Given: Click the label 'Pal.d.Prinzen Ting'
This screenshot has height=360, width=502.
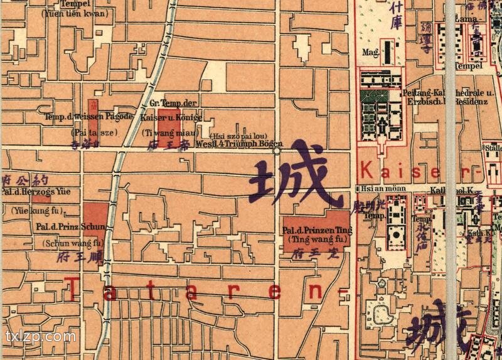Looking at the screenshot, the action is click(x=317, y=230).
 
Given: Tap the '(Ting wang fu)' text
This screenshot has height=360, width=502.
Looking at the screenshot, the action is click(x=317, y=239).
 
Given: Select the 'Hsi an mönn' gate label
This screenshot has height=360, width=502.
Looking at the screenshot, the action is click(x=374, y=188).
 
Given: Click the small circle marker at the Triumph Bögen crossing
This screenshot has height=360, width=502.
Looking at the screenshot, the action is click(x=276, y=150).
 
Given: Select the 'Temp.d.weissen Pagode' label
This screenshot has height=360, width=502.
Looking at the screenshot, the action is click(x=88, y=117).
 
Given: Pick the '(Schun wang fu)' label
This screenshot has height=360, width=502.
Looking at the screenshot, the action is click(x=72, y=242).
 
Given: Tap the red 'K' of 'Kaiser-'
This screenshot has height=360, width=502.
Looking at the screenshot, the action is click(x=367, y=170).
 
